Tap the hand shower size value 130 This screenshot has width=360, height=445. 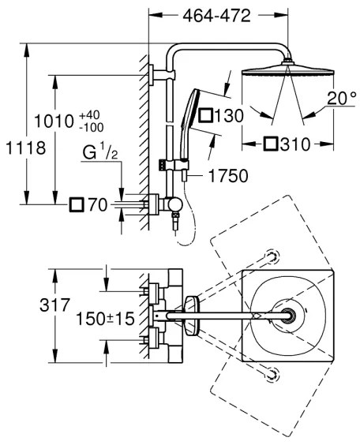228,117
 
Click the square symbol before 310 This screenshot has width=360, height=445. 270,144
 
